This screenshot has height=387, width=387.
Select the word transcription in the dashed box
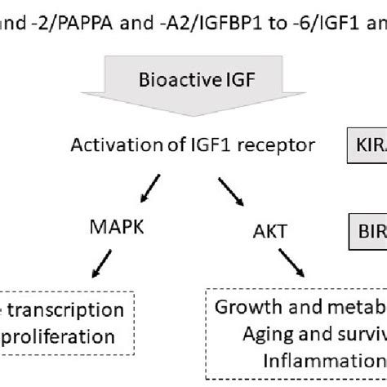(78, 310)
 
